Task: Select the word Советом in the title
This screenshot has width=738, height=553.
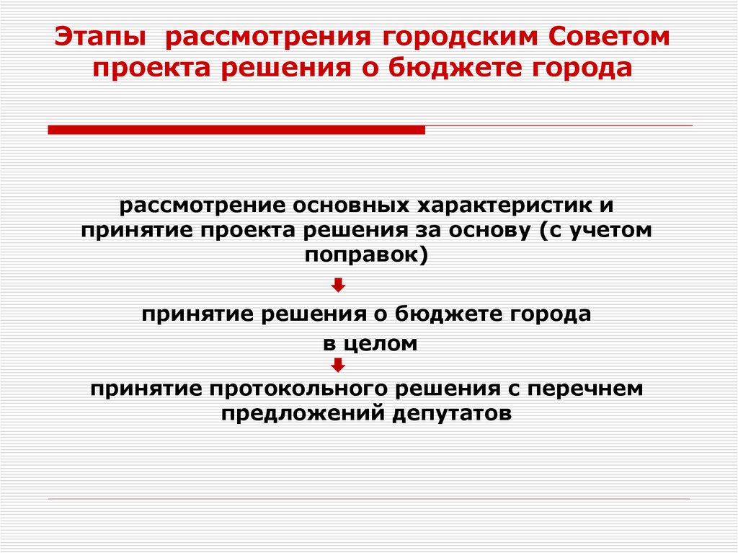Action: click(x=612, y=37)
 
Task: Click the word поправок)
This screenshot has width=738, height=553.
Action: click(x=368, y=255)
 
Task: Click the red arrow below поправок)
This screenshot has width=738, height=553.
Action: click(x=339, y=286)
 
